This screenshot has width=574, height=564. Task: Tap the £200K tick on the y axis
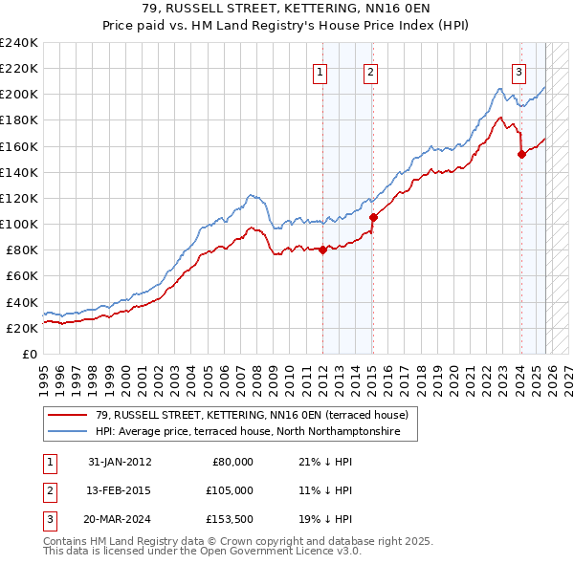(x=19, y=95)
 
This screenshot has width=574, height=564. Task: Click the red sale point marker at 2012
(x=322, y=250)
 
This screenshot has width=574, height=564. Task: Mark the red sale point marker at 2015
(x=373, y=217)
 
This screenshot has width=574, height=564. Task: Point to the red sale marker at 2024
(x=521, y=154)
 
